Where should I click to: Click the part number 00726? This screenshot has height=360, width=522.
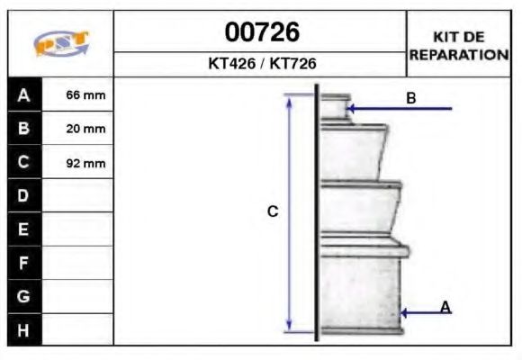pos(261,33)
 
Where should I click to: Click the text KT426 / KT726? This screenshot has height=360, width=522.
pos(261,65)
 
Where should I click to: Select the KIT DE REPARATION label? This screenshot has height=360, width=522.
pos(459,46)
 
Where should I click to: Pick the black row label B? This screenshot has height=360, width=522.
pos(24,129)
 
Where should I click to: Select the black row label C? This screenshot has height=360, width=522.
pos(24,163)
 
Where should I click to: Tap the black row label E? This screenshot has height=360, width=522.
pos(24,229)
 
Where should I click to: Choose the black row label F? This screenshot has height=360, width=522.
pos(24,263)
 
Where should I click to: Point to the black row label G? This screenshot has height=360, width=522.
pos(24,296)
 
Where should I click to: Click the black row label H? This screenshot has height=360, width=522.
pos(24,329)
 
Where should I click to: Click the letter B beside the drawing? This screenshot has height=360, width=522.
pos(410,97)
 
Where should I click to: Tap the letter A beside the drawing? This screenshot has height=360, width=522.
pos(445,307)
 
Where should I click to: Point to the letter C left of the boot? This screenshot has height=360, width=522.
pos(272,211)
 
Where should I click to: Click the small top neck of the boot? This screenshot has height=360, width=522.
pos(335,106)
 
